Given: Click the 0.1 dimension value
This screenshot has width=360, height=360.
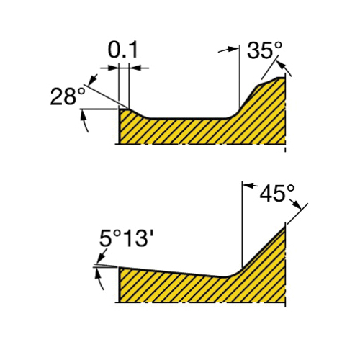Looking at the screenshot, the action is coord(123,50).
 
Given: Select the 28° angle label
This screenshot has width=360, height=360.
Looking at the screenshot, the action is coord(68,96).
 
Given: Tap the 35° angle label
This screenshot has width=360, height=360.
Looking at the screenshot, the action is coord(265,50).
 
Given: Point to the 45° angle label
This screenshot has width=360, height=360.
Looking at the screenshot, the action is coord(277,193).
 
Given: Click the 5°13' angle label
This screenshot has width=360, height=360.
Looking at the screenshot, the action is coord(126,238).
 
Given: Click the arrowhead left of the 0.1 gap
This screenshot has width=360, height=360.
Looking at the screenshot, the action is coord(113,68).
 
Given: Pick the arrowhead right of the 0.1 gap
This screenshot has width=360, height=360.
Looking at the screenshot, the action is coord(135,68).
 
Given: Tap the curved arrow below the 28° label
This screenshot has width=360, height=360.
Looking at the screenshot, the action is coord(84,120).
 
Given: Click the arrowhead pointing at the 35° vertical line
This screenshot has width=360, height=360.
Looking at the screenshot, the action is coord(233,49).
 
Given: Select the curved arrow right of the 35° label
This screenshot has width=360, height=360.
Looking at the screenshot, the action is coord(286,68).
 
